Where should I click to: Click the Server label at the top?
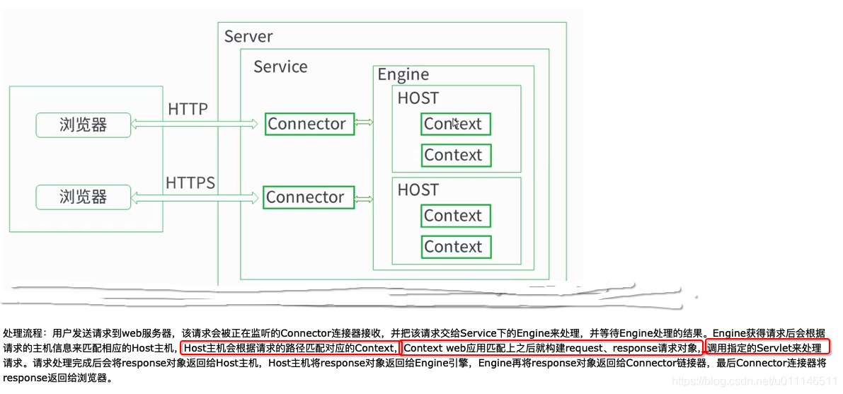[248, 37]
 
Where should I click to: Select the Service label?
[280, 67]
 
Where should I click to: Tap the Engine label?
[403, 75]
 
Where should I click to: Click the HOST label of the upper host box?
[418, 98]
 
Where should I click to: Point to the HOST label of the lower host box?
[418, 190]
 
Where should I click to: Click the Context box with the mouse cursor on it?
[455, 124]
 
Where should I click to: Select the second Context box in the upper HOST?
[455, 155]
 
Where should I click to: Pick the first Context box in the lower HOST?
[455, 216]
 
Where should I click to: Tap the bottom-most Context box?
[455, 247]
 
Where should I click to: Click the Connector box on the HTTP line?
[309, 124]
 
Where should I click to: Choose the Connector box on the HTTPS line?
[308, 197]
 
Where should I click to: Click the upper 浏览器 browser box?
[84, 125]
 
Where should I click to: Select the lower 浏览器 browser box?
[84, 197]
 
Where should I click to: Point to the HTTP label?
[188, 110]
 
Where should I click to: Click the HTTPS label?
[190, 183]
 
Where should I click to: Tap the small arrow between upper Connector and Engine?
[363, 123]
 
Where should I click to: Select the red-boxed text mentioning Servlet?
[767, 347]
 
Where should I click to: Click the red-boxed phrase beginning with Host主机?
[290, 347]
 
